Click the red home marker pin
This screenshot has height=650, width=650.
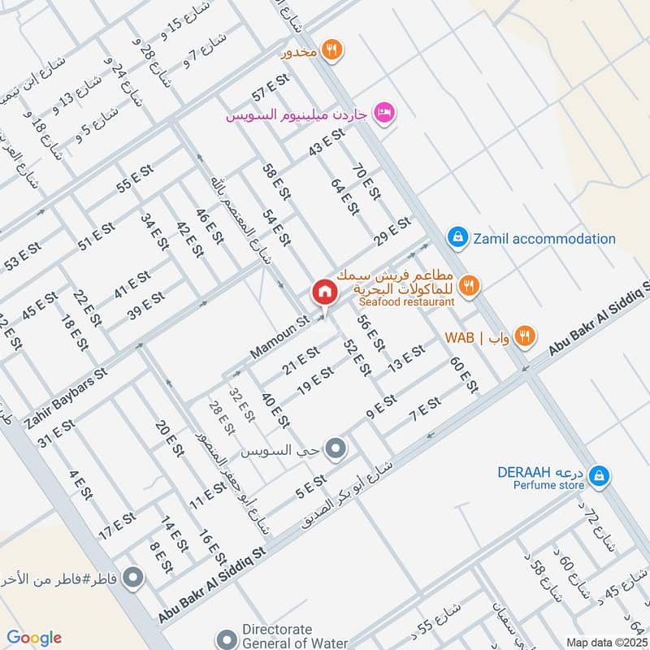click(x=323, y=292)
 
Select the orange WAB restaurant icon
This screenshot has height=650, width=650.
click(x=526, y=336)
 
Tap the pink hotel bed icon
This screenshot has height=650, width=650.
click(x=384, y=111)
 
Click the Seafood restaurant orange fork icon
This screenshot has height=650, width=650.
click(x=469, y=285)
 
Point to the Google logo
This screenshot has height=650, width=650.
click(x=33, y=638)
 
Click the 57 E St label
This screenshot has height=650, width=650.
click(x=271, y=89)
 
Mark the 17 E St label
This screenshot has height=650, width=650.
click(x=116, y=525)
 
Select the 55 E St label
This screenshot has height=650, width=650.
click(x=134, y=179)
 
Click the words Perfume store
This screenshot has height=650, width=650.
click(x=548, y=486)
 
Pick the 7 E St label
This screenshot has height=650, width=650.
click(x=425, y=409)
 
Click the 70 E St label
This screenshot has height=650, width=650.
click(x=367, y=182)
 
